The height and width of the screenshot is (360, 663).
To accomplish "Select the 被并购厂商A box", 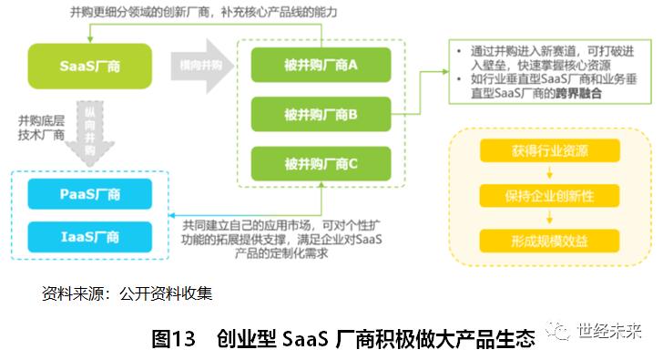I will tap(321, 66).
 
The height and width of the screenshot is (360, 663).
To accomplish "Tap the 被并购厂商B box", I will tap(321, 115).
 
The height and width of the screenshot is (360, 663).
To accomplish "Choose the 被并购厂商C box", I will tap(321, 164).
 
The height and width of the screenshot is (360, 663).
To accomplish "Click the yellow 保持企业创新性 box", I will tap(549, 196).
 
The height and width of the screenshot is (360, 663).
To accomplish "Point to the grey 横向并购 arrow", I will tap(202, 66).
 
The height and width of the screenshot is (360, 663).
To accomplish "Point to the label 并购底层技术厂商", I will tap(36, 128).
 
